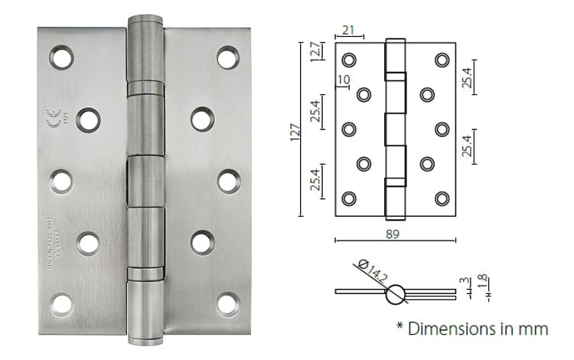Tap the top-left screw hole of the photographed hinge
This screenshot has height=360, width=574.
[61, 57]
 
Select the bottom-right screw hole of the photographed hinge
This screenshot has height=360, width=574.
[227, 304]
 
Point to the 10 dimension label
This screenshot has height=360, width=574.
[342, 80]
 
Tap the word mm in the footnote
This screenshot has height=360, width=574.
[533, 329]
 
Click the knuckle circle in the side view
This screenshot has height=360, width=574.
[396, 292]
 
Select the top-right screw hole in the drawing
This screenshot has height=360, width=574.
[442, 60]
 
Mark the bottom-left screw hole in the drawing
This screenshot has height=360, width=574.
[349, 198]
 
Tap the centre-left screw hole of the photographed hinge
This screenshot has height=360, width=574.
[61, 181]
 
